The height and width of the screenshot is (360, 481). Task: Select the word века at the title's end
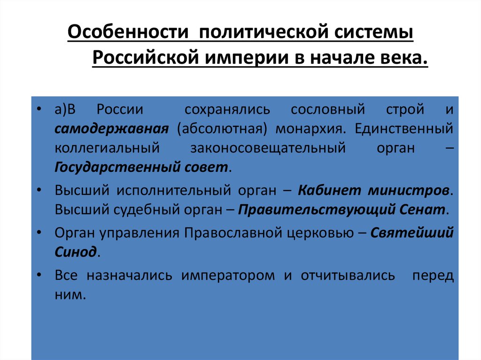point(405,59)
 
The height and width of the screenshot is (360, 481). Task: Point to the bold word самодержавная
point(111,129)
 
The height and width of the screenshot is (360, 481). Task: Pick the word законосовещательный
point(268,148)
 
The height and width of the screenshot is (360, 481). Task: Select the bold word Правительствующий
point(315,210)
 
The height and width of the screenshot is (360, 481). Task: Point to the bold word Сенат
point(422,210)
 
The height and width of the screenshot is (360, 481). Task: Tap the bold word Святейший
point(412,233)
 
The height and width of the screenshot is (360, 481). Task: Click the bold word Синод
point(75,252)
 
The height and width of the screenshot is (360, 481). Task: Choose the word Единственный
point(404,129)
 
